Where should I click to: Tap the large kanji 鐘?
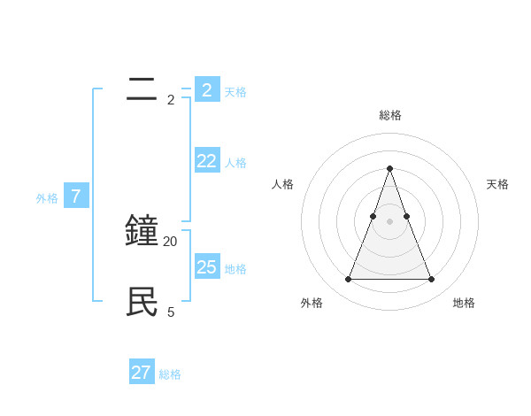tap(142, 231)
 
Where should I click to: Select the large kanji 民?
tap(142, 302)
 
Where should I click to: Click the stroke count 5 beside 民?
tap(171, 312)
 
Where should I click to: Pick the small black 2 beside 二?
tap(171, 100)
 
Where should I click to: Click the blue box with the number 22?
tap(207, 160)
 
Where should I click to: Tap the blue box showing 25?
tap(207, 266)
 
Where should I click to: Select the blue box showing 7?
tap(76, 196)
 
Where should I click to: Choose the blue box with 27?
tap(142, 372)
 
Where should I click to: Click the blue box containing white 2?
tap(207, 89)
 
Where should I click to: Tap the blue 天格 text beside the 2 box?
tap(235, 92)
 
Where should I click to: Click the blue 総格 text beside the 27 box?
tap(170, 374)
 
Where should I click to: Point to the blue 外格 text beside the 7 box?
tap(47, 199)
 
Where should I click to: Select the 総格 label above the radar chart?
tap(389, 115)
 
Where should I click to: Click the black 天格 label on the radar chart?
tap(497, 184)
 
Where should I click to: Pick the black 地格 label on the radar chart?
tap(464, 303)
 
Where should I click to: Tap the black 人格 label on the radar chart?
tap(282, 184)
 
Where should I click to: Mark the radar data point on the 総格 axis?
tap(389, 168)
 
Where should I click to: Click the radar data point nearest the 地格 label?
tap(431, 280)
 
